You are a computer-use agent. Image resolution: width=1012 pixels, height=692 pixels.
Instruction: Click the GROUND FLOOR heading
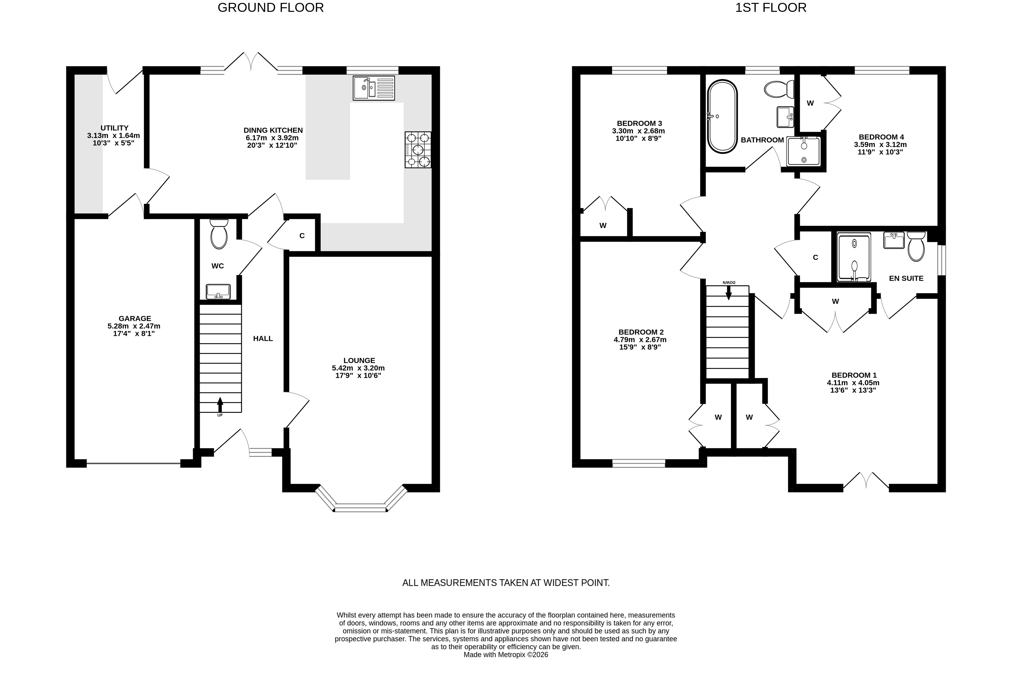click(270, 8)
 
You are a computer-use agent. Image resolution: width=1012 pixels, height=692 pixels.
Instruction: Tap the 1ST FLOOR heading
click(771, 8)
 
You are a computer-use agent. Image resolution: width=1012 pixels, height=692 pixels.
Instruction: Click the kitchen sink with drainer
click(374, 88)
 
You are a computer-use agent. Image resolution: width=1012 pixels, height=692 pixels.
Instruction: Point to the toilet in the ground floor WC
click(219, 234)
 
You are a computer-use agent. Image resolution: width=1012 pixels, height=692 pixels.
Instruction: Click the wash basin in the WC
click(218, 291)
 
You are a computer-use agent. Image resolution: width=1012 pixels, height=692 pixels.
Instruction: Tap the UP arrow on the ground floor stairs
click(220, 405)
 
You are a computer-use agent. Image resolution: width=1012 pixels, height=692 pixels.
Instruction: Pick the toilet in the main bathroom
click(779, 89)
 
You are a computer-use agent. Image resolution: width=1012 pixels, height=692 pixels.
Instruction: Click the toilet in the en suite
click(916, 246)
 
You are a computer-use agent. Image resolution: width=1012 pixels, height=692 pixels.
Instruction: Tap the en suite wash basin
click(894, 240)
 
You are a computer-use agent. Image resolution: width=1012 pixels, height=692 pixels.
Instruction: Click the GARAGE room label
click(135, 319)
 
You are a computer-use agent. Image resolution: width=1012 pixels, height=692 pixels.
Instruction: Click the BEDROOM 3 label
click(639, 123)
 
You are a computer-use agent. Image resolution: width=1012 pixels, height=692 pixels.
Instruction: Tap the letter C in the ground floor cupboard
click(302, 236)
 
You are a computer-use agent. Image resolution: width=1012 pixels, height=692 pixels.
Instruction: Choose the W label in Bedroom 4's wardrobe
click(810, 103)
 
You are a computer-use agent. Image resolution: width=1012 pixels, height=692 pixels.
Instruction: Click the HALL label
click(263, 338)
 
